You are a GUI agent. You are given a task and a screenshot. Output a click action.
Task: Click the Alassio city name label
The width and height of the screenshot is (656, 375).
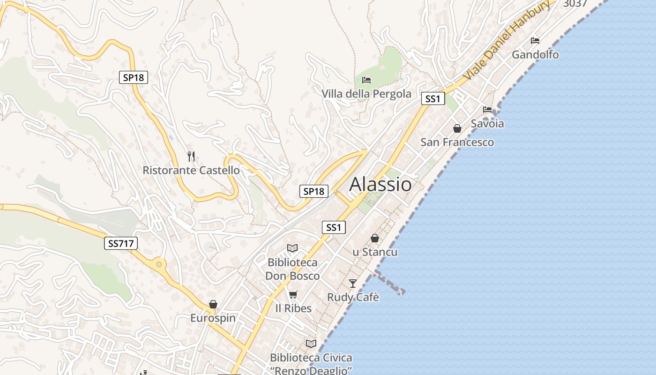click(380, 184)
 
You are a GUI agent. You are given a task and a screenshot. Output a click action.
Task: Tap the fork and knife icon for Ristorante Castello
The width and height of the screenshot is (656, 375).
click(191, 156)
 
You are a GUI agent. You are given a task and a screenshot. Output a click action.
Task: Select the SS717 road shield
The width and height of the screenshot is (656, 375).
click(121, 243)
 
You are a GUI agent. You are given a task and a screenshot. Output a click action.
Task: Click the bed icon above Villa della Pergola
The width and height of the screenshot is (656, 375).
click(366, 80)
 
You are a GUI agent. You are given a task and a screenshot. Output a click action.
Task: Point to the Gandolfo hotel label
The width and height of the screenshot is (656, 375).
click(535, 55)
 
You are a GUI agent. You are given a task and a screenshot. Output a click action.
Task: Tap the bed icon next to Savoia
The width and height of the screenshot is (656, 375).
click(487, 110)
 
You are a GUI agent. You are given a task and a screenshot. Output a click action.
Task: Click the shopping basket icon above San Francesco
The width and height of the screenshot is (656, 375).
click(457, 128)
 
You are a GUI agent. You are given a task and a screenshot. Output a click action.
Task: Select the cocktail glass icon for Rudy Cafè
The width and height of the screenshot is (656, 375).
click(353, 283)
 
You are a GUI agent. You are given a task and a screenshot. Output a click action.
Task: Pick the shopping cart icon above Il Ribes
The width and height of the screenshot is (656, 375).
click(293, 294)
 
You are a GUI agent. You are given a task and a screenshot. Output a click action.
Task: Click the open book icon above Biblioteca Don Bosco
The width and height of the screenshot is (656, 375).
click(292, 248)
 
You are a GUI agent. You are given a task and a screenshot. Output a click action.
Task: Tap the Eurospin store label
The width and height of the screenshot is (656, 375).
click(213, 318)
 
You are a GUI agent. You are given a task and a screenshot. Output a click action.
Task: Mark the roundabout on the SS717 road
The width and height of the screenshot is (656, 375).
click(159, 265)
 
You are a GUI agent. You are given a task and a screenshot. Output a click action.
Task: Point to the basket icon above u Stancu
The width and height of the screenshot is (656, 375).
click(375, 238)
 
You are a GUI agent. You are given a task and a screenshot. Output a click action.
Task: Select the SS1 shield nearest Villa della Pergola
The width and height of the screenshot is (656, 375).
click(432, 98)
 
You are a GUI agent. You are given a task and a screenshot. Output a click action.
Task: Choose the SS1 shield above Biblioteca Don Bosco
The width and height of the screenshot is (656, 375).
click(334, 228)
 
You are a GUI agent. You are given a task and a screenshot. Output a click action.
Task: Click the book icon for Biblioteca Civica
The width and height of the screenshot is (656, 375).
click(311, 344)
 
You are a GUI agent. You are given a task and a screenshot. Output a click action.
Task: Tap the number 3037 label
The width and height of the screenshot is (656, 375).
click(575, 4)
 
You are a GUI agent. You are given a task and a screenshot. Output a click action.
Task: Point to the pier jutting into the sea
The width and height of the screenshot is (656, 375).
click(389, 283)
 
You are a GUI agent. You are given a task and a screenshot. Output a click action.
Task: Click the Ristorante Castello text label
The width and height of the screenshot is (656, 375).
click(191, 170)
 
